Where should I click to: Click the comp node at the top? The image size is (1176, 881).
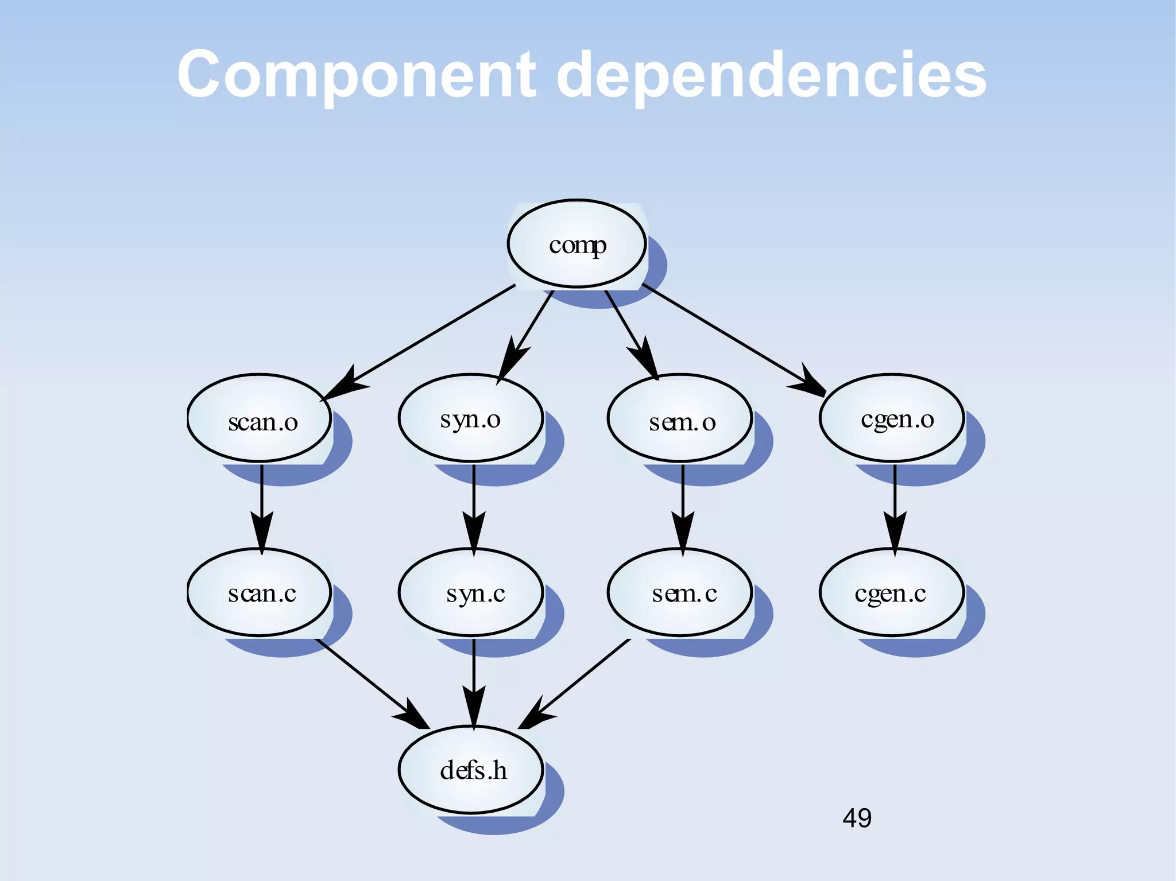click(577, 244)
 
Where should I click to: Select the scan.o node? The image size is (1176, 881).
click(260, 419)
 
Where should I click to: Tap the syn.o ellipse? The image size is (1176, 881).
click(471, 419)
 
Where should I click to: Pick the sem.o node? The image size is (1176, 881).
click(680, 419)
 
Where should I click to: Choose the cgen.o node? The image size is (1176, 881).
click(892, 419)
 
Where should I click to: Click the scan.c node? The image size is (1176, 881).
click(260, 592)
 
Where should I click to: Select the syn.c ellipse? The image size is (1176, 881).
click(471, 592)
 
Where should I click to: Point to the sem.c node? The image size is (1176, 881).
click(680, 592)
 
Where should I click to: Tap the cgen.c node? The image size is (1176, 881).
click(892, 592)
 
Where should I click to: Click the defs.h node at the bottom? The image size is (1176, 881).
click(471, 770)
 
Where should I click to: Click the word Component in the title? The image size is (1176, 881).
click(356, 75)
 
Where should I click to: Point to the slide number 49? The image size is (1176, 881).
click(857, 818)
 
